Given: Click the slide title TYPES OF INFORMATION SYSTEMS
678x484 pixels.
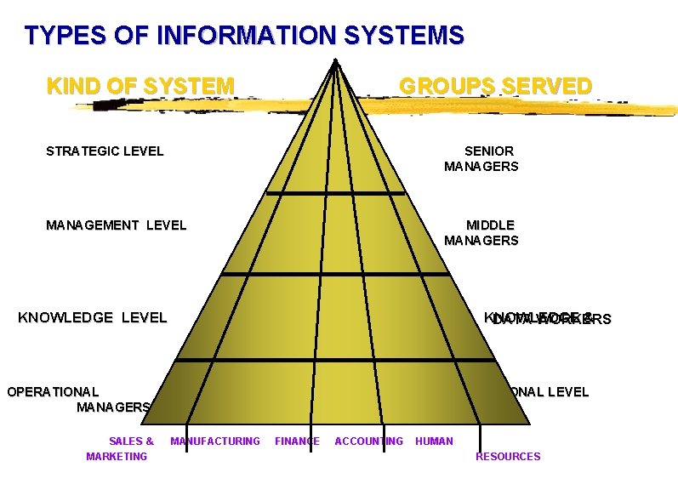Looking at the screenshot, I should pyautogui.click(x=244, y=36).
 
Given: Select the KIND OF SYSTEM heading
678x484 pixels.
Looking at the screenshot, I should pyautogui.click(x=140, y=86).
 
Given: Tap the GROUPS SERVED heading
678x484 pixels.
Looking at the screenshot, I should pyautogui.click(x=495, y=86).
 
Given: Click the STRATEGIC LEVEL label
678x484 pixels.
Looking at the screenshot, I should pyautogui.click(x=105, y=151).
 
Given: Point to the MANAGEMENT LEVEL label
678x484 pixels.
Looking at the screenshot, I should pyautogui.click(x=116, y=225).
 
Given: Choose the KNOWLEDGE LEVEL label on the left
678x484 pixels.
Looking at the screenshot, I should pyautogui.click(x=93, y=317).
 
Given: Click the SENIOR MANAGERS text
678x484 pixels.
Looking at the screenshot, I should pyautogui.click(x=481, y=159).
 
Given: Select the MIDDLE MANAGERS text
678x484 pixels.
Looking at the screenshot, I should pyautogui.click(x=481, y=232).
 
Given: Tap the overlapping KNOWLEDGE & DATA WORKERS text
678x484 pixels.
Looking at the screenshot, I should pyautogui.click(x=547, y=319).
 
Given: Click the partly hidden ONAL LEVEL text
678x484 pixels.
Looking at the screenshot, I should pyautogui.click(x=549, y=392).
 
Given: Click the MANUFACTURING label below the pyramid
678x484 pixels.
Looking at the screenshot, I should pyautogui.click(x=215, y=441).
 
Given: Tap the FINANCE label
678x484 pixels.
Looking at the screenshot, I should pyautogui.click(x=297, y=441).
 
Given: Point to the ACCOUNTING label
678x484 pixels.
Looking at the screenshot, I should pyautogui.click(x=368, y=441).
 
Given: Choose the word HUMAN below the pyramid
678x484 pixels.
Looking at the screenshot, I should pyautogui.click(x=434, y=441).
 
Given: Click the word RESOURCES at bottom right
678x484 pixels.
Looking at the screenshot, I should pyautogui.click(x=508, y=457).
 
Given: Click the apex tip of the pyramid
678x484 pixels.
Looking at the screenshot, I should pyautogui.click(x=337, y=60).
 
